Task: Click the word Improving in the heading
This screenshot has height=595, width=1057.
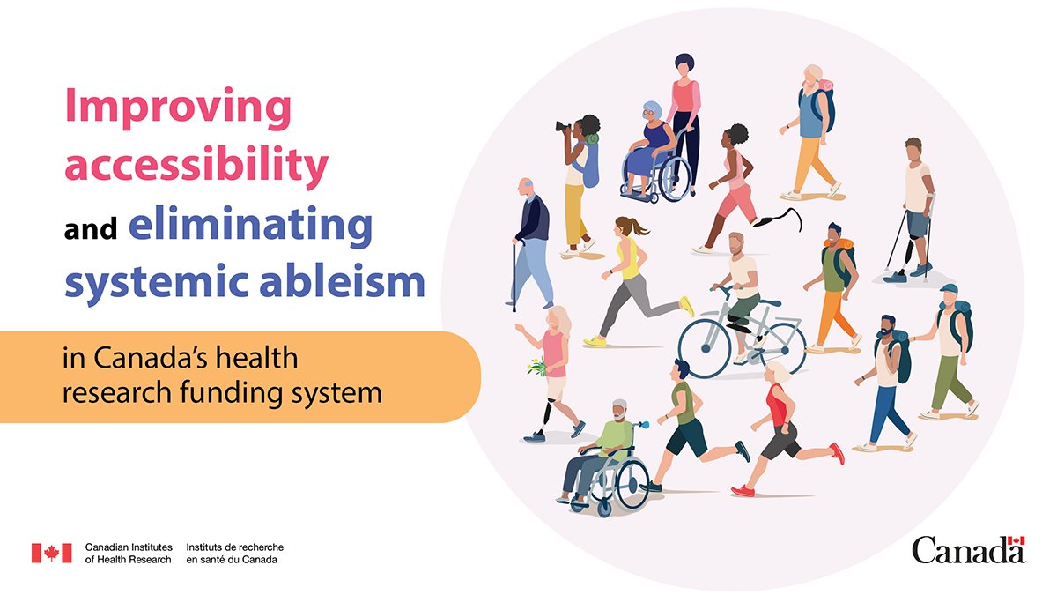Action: pyautogui.click(x=178, y=108)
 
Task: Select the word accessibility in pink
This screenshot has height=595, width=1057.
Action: pyautogui.click(x=197, y=166)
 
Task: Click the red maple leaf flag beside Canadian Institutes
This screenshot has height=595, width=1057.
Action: pyautogui.click(x=51, y=553)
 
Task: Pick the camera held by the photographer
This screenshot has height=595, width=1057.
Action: pyautogui.click(x=563, y=126)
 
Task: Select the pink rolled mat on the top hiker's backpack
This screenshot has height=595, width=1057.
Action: pyautogui.click(x=825, y=86)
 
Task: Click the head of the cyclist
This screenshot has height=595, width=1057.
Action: pyautogui.click(x=736, y=242)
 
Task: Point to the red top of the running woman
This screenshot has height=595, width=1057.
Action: pyautogui.click(x=776, y=407)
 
